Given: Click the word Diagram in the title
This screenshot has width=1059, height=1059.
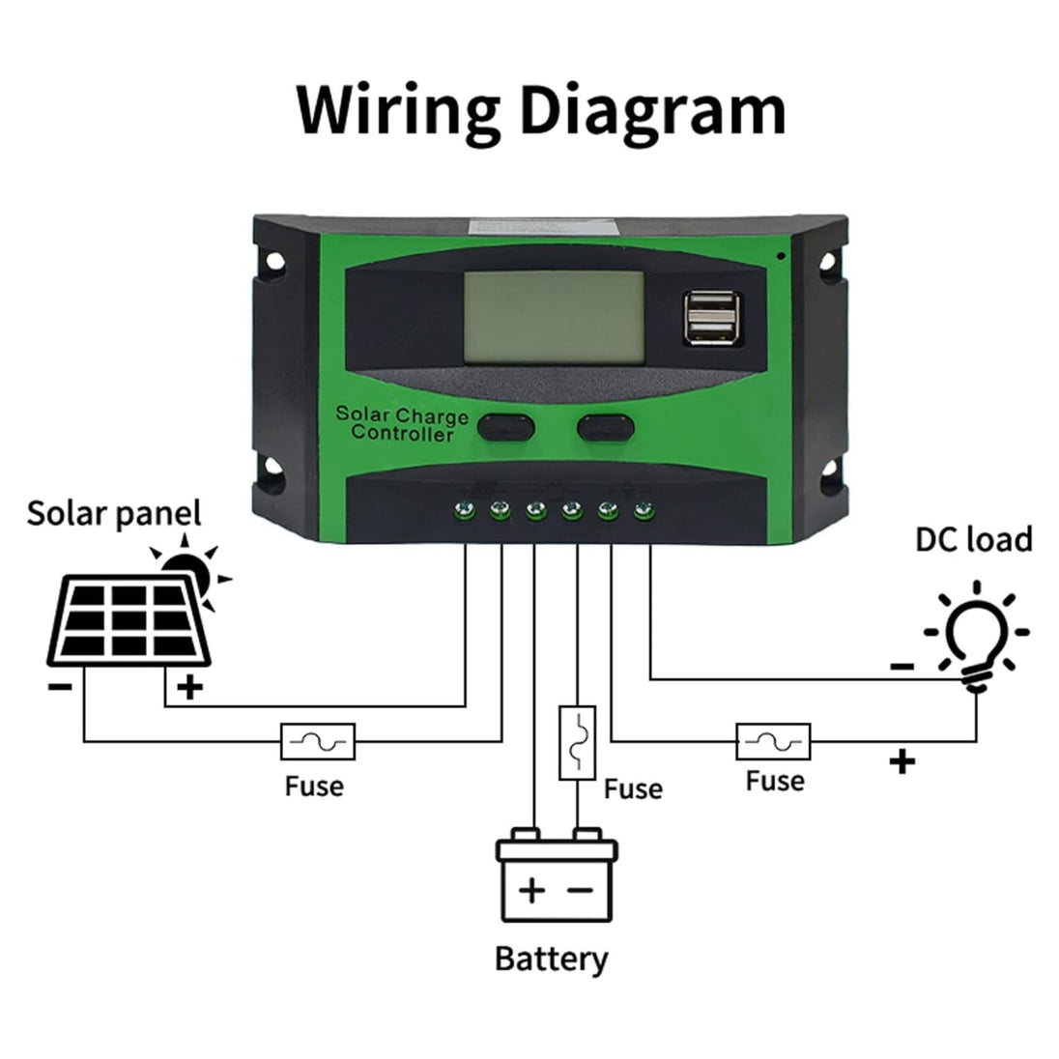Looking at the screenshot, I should pyautogui.click(x=653, y=111).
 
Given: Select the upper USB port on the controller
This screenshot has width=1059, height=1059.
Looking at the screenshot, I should pyautogui.click(x=712, y=306).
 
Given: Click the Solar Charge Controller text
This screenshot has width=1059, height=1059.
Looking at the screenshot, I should pyautogui.click(x=402, y=425).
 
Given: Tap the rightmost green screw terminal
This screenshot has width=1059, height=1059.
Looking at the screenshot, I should pyautogui.click(x=643, y=508).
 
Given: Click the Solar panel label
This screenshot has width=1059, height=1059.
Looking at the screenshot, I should pyautogui.click(x=114, y=513).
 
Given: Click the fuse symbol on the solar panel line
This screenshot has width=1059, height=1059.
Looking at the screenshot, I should pyautogui.click(x=318, y=742).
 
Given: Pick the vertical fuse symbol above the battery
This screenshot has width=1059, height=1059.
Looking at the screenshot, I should pyautogui.click(x=577, y=742).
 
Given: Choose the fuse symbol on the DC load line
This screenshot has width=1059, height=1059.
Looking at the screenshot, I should pyautogui.click(x=774, y=742).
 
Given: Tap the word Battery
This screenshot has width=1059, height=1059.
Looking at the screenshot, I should pyautogui.click(x=552, y=959).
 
